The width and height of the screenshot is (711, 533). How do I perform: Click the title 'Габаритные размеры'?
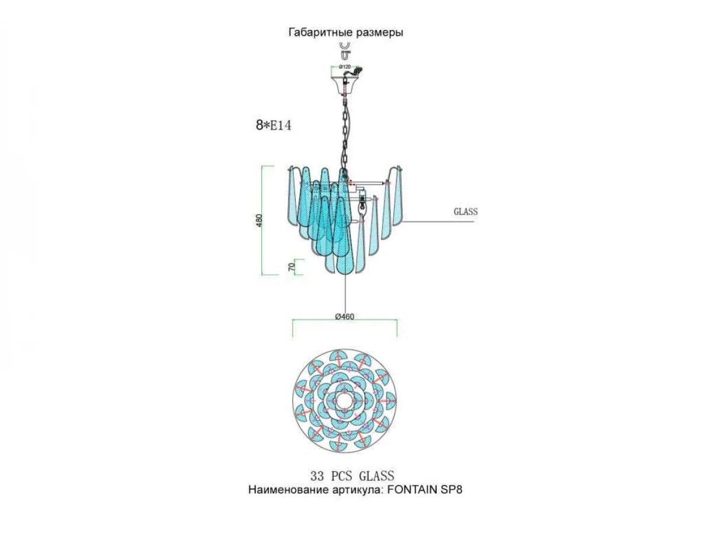pos(345,33)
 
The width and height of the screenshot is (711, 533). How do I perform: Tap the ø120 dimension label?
pos(345,67)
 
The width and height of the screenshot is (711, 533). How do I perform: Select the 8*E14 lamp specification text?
pos(273,125)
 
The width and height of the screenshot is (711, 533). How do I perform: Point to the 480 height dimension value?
pos(259,220)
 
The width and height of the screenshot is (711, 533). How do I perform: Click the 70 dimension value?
pos(292,266)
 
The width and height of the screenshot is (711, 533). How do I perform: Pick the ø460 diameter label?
pos(345,316)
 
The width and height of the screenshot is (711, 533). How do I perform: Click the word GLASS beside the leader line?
pos(466,211)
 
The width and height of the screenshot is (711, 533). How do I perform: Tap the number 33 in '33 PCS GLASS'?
pos(317,476)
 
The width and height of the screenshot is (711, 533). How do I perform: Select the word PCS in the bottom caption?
pos(341,476)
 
